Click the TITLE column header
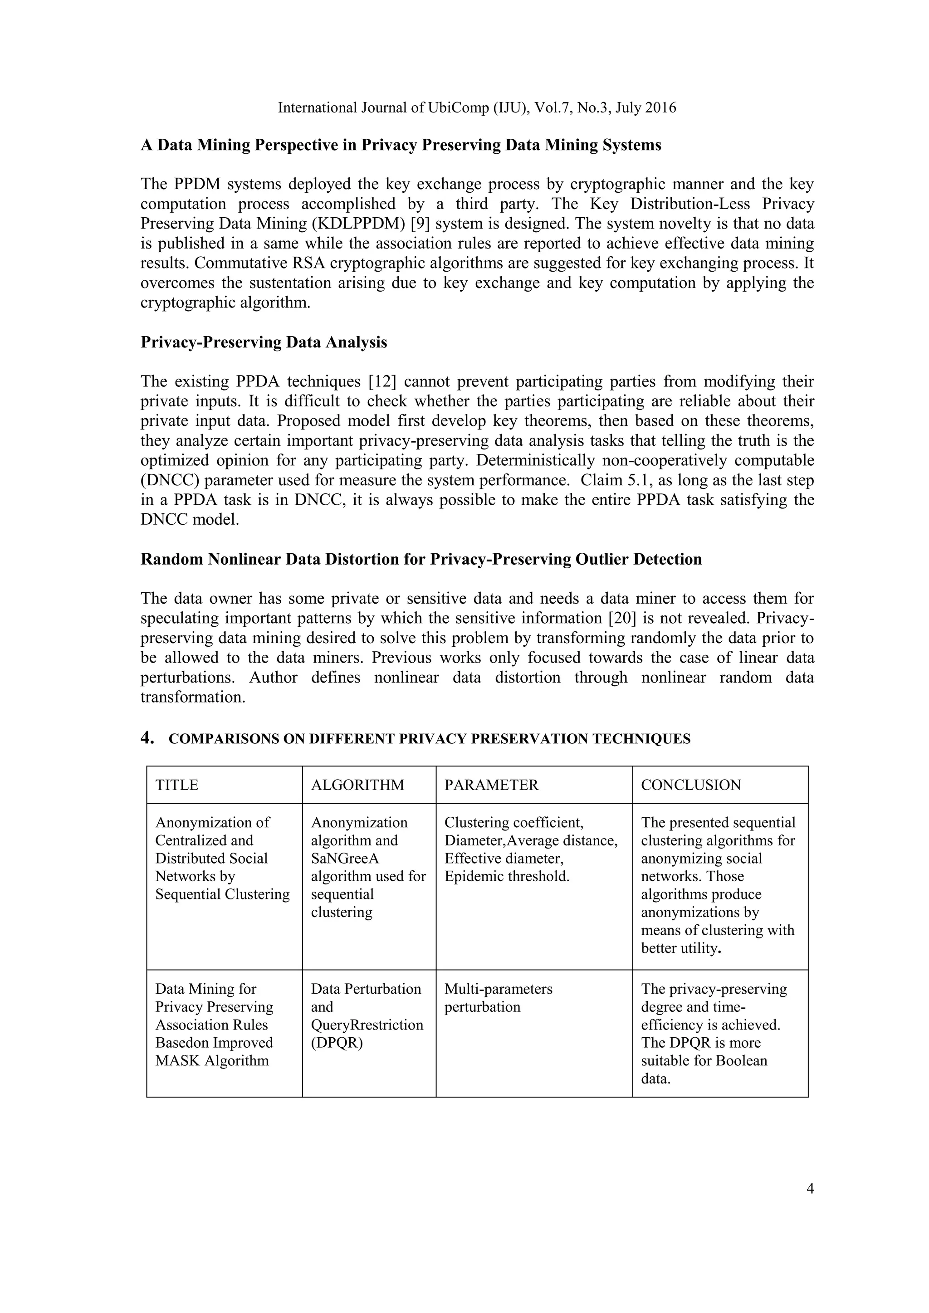(x=177, y=785)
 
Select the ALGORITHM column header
(x=357, y=785)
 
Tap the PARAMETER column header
(x=491, y=785)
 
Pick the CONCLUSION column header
(x=690, y=785)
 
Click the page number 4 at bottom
(x=810, y=1189)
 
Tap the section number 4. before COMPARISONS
(x=147, y=738)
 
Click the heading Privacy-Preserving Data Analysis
(x=264, y=342)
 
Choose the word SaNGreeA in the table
(x=345, y=859)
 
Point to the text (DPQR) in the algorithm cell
(x=337, y=1043)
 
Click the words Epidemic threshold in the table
(x=507, y=876)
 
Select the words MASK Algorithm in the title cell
(x=212, y=1061)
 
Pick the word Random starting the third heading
(x=171, y=559)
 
